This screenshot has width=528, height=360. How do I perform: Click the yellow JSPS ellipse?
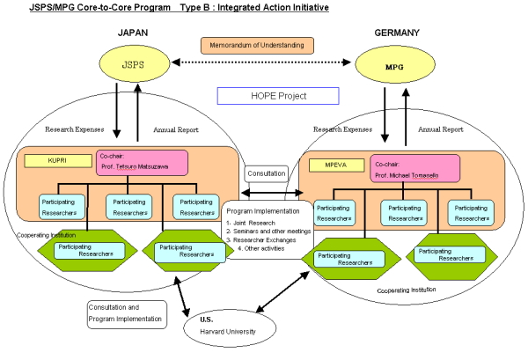[x=135, y=64]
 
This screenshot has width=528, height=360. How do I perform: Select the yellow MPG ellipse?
[x=395, y=64]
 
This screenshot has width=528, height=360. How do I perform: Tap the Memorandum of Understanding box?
[x=257, y=46]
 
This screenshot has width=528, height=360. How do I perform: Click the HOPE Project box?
[x=278, y=96]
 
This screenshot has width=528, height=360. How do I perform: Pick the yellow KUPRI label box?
[x=58, y=161]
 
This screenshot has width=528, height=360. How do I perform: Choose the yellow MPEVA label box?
[x=336, y=165]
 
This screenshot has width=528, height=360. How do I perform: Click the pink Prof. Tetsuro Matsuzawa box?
[x=142, y=163]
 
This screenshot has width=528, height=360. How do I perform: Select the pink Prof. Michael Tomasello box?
[x=415, y=169]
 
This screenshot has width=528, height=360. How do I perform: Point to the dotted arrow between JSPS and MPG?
[x=261, y=62]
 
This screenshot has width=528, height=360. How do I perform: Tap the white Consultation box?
[x=267, y=173]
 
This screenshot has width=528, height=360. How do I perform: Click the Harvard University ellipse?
[x=230, y=328]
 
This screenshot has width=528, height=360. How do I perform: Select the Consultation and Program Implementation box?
[x=127, y=314]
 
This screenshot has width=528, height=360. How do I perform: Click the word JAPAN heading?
[x=133, y=33]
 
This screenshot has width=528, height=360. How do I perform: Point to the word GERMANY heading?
[x=397, y=33]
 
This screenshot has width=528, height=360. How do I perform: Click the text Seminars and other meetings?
[x=272, y=231]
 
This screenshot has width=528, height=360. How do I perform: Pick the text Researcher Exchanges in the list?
[x=264, y=240]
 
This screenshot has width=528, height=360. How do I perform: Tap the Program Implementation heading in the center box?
[x=263, y=211]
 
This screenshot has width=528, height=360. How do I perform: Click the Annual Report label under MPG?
[x=441, y=129]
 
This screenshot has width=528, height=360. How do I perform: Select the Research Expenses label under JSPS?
[x=75, y=129]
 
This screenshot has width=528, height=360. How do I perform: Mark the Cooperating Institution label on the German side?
[x=407, y=290]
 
